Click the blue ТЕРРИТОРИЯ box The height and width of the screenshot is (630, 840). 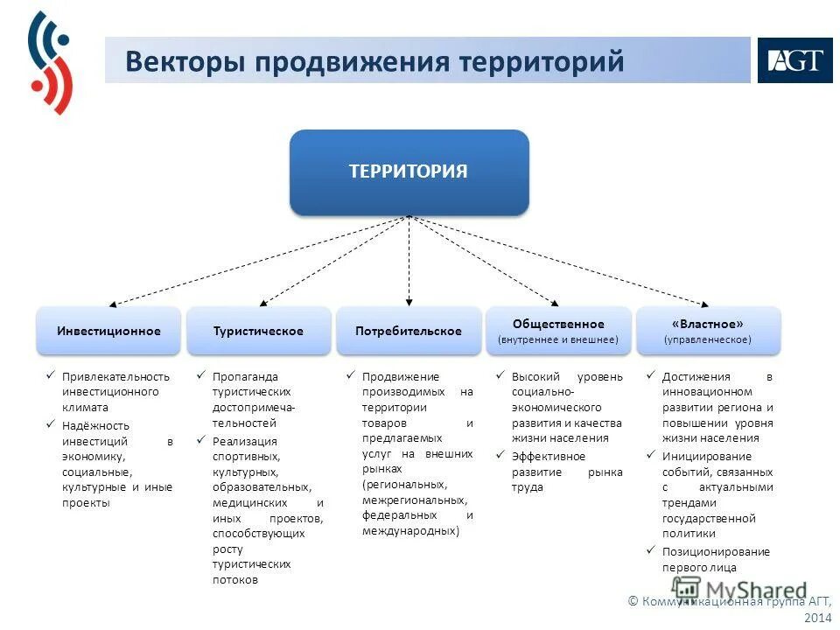(409, 171)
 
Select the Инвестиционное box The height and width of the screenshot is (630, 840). (108, 331)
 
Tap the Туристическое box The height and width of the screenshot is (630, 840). (258, 331)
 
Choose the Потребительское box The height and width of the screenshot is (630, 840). (409, 331)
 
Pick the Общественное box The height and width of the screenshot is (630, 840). (558, 331)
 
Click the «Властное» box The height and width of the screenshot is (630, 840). (708, 331)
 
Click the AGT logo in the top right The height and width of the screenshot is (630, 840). (794, 60)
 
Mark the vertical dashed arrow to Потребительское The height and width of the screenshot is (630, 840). (409, 262)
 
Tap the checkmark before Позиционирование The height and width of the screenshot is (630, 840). (651, 551)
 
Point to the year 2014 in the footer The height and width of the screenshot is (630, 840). (817, 618)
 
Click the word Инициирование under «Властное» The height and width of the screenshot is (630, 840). (706, 456)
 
